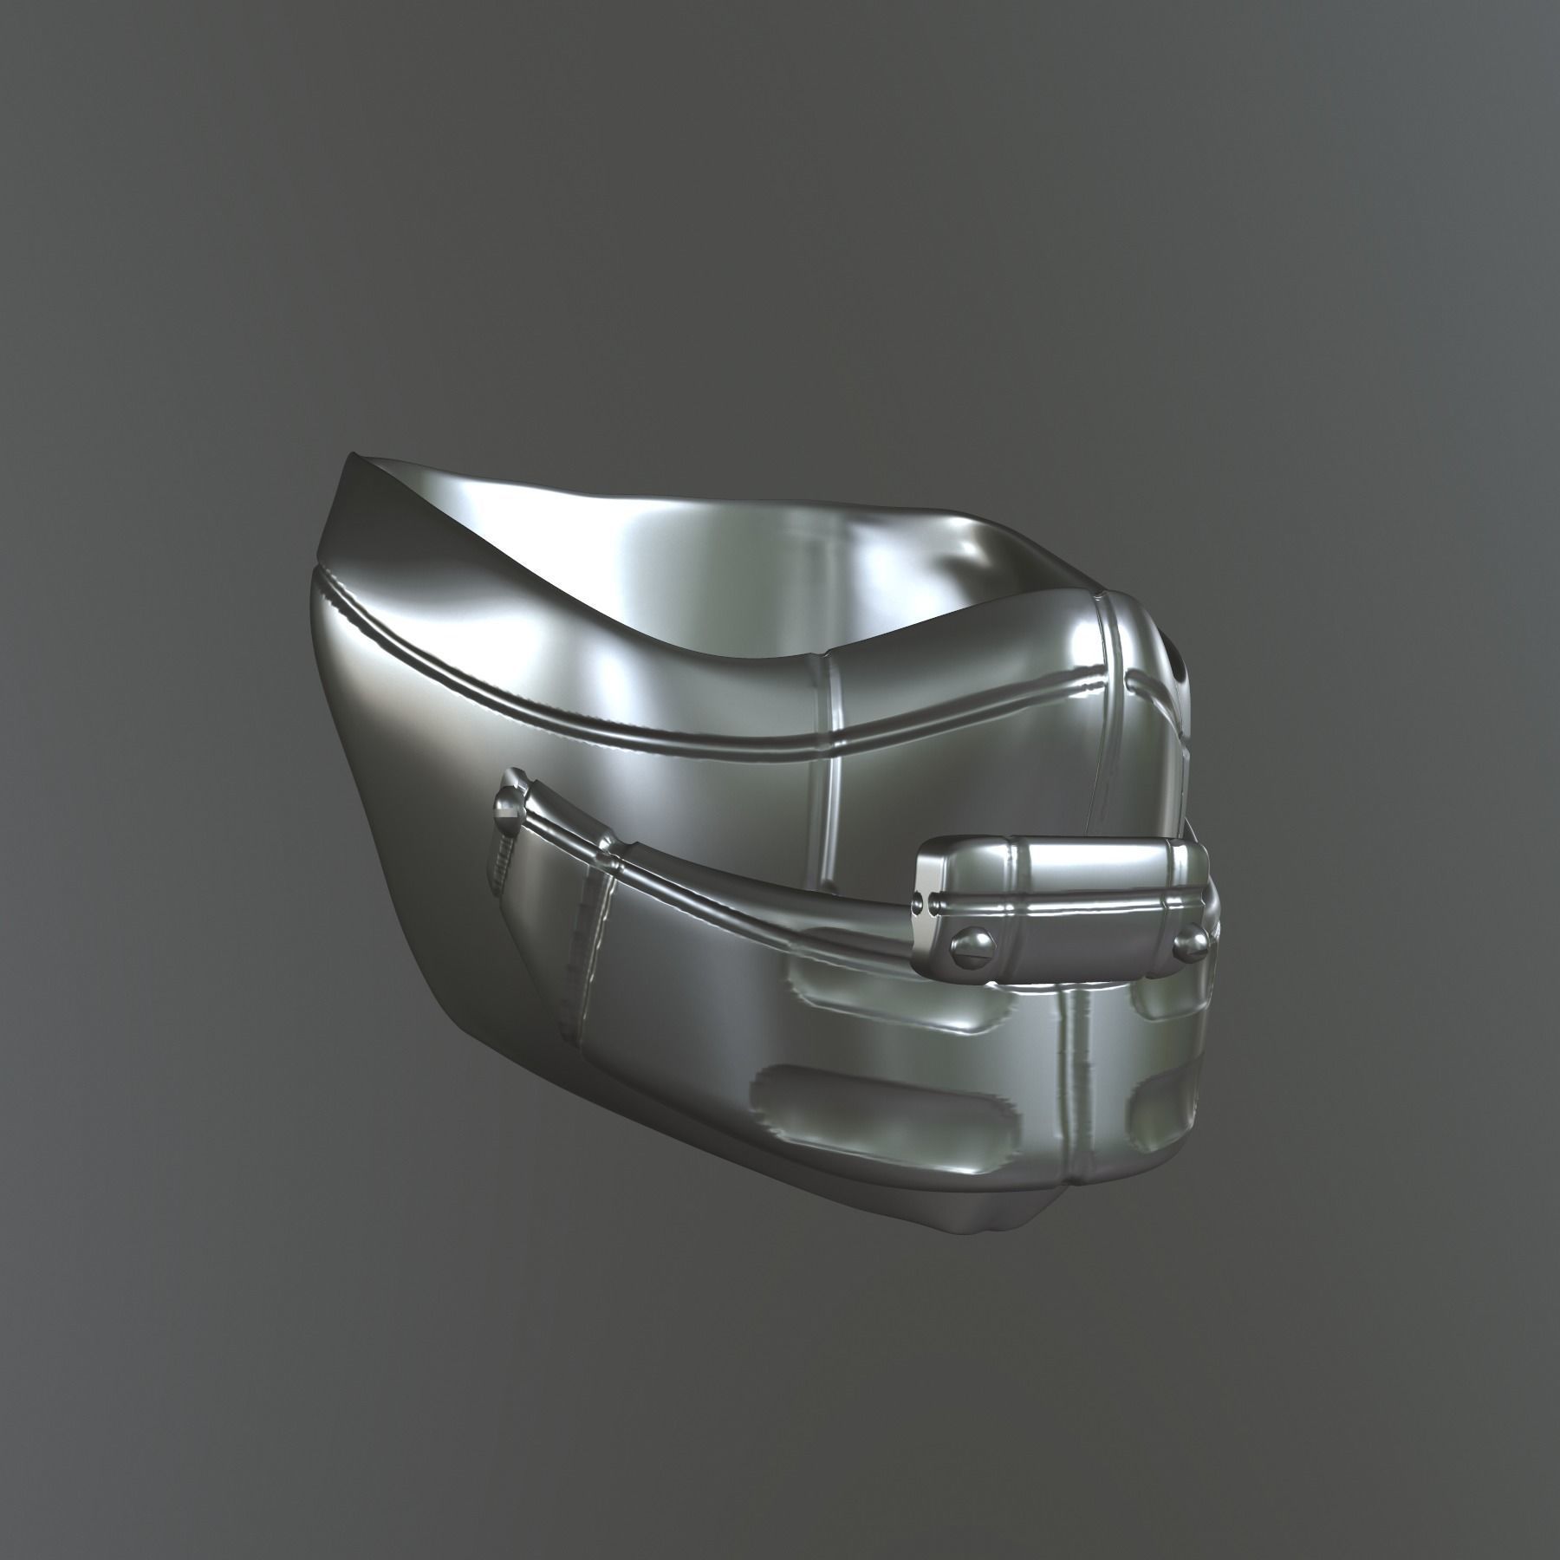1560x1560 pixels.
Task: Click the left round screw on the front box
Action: [964, 940]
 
